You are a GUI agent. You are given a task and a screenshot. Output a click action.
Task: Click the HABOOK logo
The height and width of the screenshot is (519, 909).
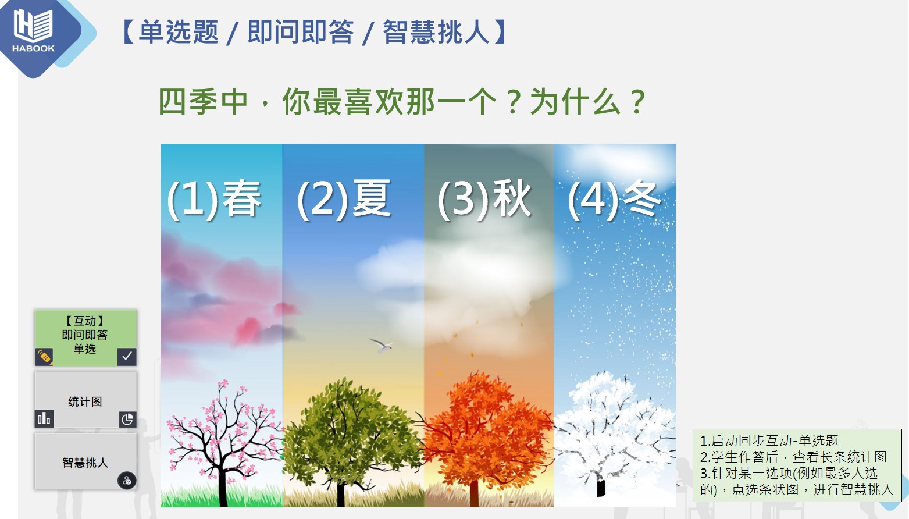(x=33, y=31)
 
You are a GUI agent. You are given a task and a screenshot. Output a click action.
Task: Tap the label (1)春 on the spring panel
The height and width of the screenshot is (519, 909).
(x=214, y=199)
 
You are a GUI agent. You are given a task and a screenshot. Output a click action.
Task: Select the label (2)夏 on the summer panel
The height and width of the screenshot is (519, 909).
(x=344, y=199)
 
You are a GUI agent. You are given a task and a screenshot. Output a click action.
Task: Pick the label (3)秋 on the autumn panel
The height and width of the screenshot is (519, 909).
(x=484, y=199)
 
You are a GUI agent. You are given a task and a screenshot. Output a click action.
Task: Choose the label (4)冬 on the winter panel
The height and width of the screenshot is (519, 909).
(x=614, y=199)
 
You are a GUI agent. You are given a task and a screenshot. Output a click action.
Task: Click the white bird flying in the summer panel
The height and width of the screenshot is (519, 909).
(x=382, y=345)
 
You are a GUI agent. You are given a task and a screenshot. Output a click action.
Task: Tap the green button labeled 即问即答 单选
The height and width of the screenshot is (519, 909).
(x=85, y=337)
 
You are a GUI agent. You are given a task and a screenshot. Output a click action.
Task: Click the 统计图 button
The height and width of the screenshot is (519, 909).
(x=85, y=400)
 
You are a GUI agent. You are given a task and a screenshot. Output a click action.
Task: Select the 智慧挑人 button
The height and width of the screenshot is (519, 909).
(x=85, y=461)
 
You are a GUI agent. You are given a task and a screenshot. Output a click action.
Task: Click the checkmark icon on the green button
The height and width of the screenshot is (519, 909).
(x=127, y=357)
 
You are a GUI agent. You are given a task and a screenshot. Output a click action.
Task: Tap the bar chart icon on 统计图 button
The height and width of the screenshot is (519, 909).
(x=44, y=418)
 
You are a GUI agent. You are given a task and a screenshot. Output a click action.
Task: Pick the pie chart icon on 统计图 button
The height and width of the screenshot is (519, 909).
(x=127, y=419)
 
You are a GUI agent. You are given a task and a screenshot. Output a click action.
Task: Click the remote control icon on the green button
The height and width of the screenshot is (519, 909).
(x=44, y=357)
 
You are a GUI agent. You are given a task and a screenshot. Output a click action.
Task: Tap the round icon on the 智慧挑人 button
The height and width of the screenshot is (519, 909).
(x=127, y=481)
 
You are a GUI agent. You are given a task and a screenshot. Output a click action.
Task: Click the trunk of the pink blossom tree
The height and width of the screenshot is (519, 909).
(x=223, y=488)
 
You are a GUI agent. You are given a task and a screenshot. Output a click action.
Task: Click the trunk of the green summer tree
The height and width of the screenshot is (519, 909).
(x=341, y=493)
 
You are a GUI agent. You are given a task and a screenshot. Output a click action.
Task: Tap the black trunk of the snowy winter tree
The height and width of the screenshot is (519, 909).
(x=601, y=488)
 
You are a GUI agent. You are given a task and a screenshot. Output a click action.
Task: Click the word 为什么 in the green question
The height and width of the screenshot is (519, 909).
(x=575, y=101)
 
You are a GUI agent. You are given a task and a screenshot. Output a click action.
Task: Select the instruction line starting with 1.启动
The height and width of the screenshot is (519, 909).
(x=769, y=440)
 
